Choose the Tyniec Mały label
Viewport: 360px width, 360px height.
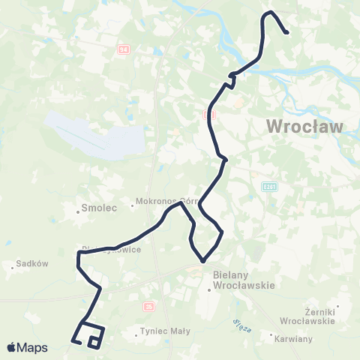160,331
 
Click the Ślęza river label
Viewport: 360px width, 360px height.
234,324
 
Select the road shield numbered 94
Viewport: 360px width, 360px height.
122,49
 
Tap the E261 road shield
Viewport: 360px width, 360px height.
270,185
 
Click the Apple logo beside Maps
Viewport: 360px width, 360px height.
12,347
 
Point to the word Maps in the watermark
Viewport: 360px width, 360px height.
33,347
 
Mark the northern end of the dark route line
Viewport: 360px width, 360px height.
287,32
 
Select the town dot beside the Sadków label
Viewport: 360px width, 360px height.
14,265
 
